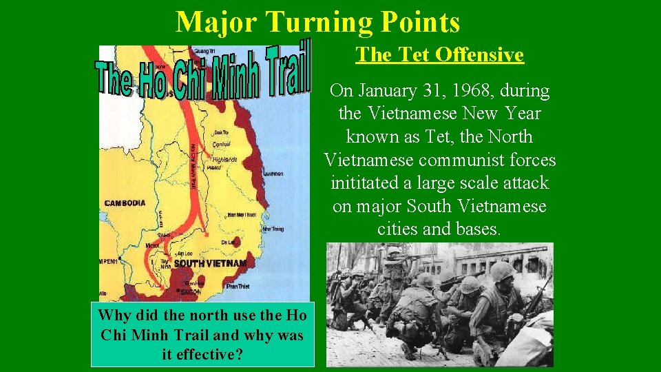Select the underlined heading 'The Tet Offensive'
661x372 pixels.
point(439,54)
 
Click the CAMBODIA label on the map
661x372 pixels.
point(125,203)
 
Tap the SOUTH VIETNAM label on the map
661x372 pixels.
point(210,264)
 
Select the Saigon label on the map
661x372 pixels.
point(187,291)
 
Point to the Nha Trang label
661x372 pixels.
point(273,229)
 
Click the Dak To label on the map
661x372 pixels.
point(222,132)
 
